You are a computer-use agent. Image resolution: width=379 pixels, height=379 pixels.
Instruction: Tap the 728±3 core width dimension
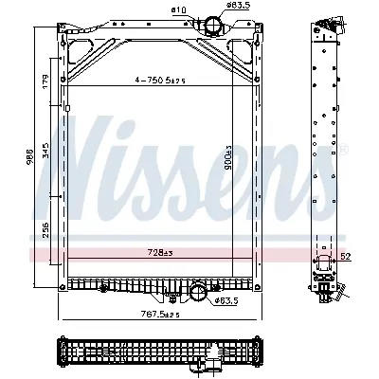157,251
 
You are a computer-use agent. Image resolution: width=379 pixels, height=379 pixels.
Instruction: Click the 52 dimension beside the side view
345,256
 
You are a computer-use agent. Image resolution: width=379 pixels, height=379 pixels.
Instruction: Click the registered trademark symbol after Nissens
343,151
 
